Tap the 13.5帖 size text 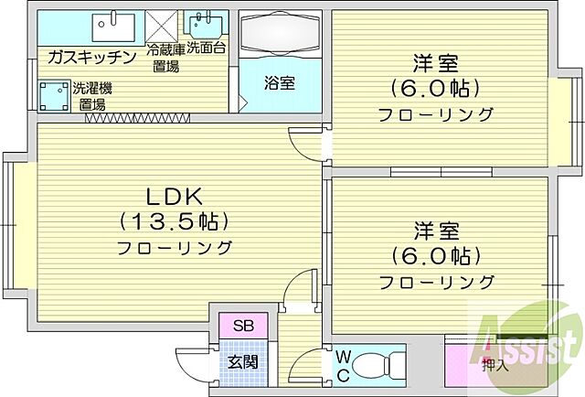pyautogui.click(x=174, y=221)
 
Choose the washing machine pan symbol pyautogui.click(x=54, y=94)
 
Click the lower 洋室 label pyautogui.click(x=436, y=229)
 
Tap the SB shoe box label pyautogui.click(x=244, y=325)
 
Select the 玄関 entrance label pyautogui.click(x=243, y=362)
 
